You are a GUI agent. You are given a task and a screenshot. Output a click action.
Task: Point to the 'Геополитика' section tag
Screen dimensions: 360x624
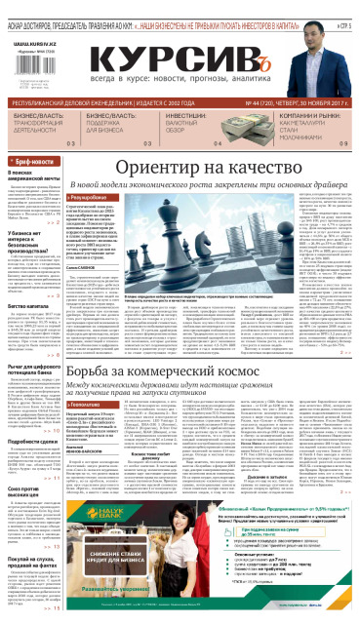[x=98, y=428]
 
